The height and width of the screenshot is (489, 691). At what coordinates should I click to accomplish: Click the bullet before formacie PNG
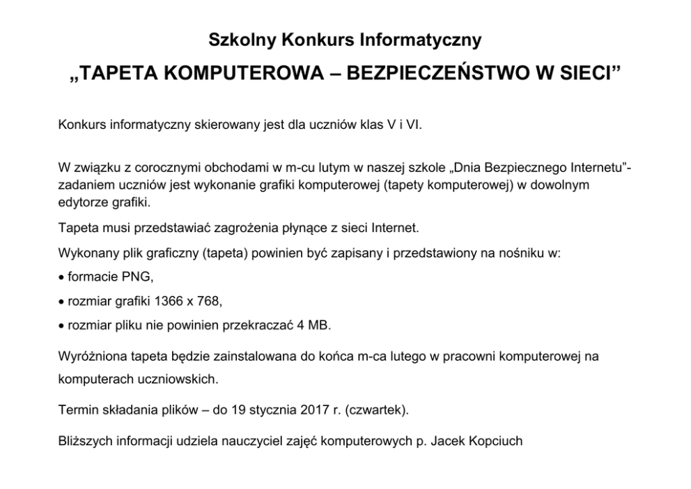[61, 278]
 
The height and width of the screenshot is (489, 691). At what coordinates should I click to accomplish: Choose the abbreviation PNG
[137, 277]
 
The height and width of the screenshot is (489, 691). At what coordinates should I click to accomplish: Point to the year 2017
[315, 410]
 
